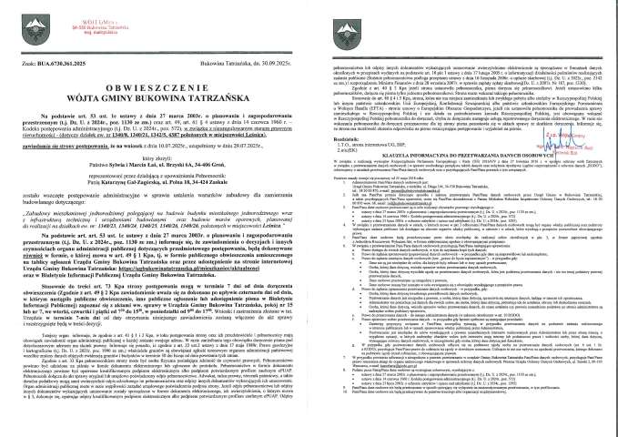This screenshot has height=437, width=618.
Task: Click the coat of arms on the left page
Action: click(18, 20)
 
